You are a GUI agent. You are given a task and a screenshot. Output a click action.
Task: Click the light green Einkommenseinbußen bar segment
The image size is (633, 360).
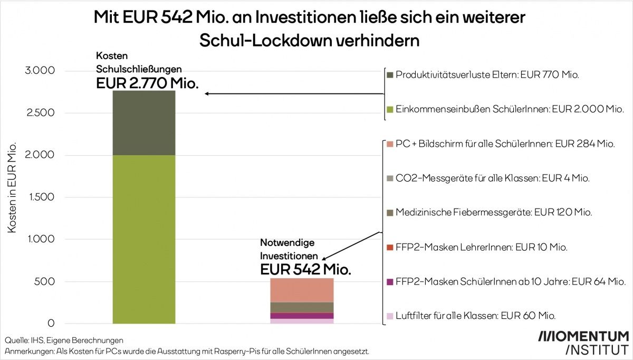tap(144, 239)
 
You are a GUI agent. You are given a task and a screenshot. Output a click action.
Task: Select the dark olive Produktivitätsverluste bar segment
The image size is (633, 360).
tap(144, 122)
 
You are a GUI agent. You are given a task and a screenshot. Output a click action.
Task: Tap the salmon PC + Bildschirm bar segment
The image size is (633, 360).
tap(302, 290)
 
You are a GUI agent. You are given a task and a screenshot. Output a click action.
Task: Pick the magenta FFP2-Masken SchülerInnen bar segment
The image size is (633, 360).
tap(302, 316)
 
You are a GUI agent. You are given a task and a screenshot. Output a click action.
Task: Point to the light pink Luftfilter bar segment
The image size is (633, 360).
tap(302, 321)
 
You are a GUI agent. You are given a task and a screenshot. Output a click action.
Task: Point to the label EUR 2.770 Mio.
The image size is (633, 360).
tap(147, 83)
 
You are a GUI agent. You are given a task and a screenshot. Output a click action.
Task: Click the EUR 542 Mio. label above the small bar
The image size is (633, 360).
tap(306, 269)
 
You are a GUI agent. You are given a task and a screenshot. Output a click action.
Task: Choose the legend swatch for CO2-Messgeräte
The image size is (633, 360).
tap(390, 178)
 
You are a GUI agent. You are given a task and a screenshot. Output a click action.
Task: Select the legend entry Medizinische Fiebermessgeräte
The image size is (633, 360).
tap(494, 213)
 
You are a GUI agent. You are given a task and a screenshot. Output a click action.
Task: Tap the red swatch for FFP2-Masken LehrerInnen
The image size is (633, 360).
tap(390, 247)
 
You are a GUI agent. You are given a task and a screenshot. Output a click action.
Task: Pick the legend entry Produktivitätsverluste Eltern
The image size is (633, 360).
tap(487, 75)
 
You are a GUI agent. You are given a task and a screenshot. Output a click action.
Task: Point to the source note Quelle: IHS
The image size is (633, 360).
tap(64, 340)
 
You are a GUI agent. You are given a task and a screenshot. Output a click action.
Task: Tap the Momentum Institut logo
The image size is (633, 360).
tap(583, 343)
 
